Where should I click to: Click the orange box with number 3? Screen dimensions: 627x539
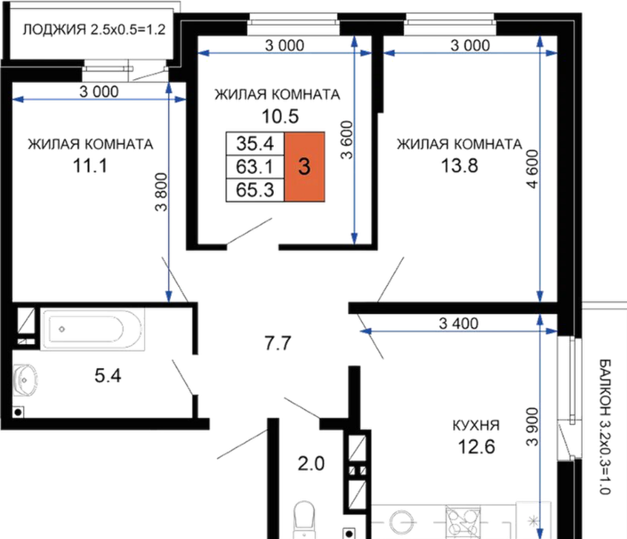click(304, 167)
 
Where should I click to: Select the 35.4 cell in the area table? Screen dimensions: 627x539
click(255, 144)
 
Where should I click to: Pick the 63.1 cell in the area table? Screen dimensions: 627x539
click(255, 167)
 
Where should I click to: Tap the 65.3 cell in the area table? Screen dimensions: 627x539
click(255, 190)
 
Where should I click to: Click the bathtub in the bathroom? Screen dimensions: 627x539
click(93, 329)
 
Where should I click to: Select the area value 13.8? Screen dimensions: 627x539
click(460, 166)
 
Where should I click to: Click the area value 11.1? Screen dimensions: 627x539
click(90, 166)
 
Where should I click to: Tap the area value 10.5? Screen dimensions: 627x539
click(281, 116)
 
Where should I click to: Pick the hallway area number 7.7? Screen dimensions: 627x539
click(278, 344)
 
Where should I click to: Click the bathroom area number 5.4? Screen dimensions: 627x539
click(108, 375)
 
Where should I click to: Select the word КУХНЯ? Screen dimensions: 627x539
click(476, 426)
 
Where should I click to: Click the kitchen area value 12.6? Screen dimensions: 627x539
click(476, 446)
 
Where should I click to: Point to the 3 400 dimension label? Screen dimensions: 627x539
click(458, 323)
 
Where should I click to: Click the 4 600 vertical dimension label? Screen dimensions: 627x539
click(533, 169)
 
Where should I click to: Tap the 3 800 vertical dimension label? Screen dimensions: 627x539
click(161, 192)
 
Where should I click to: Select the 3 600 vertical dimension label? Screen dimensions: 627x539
click(347, 140)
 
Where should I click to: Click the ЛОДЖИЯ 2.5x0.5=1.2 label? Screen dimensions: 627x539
click(94, 30)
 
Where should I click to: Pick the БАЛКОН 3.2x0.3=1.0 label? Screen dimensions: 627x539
click(605, 426)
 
